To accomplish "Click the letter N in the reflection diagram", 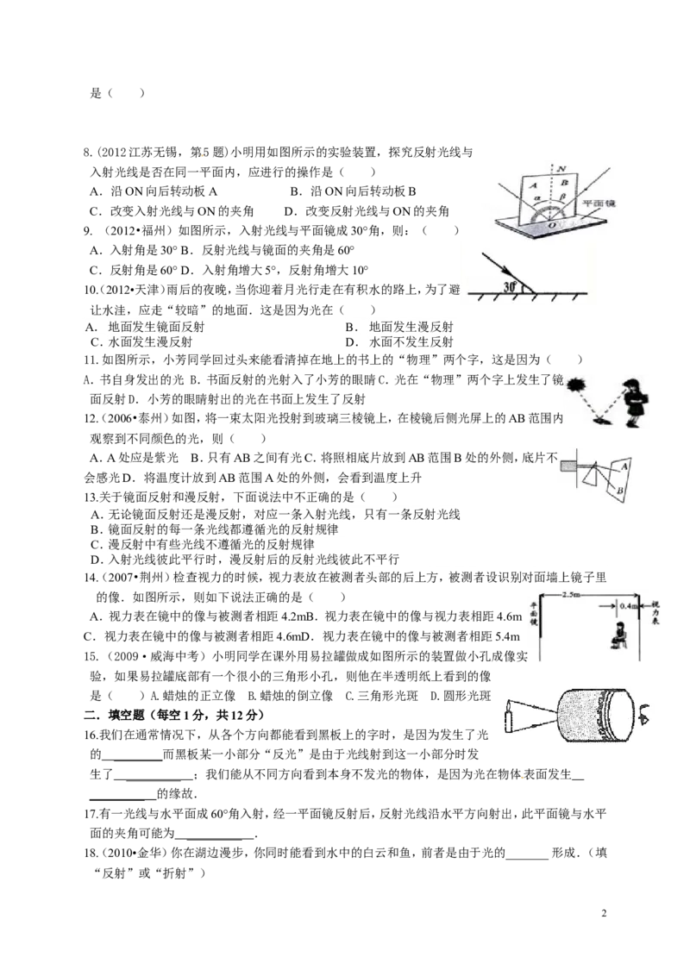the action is coord(561,169).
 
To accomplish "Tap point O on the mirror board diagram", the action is coord(551,225).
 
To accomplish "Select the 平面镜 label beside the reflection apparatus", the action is coord(599,203).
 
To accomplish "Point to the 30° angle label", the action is coord(511,287).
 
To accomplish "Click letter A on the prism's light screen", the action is coord(624,466).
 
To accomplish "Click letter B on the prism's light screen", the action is coord(620,491).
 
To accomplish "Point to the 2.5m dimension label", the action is coord(570,595).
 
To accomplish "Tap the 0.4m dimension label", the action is coord(629,605).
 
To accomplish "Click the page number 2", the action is coord(604,913).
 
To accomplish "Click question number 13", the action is coord(91,497).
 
